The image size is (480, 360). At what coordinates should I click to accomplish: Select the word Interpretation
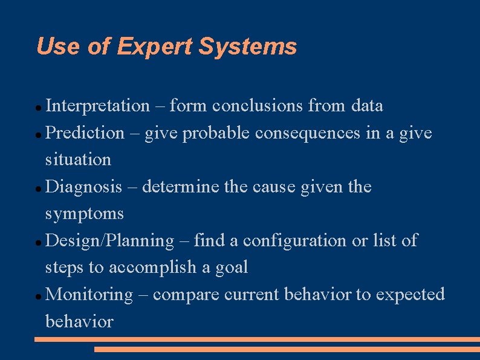[97, 106]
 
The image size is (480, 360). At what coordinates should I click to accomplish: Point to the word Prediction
[85, 133]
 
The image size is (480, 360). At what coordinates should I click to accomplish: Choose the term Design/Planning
[109, 241]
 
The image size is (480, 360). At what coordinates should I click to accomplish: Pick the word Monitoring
[89, 295]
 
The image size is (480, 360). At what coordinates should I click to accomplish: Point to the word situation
[79, 160]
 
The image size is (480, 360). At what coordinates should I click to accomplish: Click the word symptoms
[85, 214]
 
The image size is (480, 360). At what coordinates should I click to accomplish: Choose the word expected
[410, 295]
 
